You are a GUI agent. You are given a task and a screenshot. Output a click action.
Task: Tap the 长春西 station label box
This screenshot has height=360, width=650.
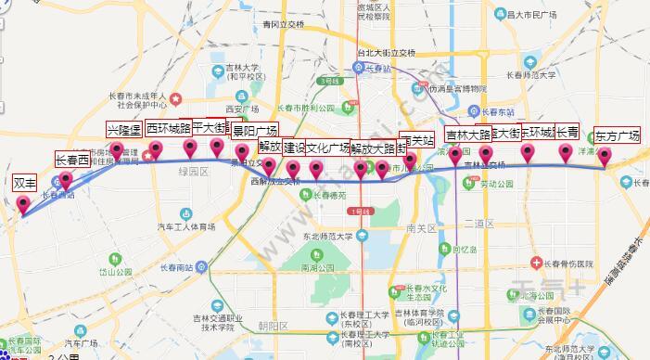pos(71,160)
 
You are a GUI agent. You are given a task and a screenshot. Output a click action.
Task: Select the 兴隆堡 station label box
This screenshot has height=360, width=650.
pos(123,130)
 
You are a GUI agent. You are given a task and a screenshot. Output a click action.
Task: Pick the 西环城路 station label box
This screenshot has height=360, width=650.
pos(168,129)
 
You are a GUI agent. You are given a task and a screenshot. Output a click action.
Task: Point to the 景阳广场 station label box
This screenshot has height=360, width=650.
pos(255,131)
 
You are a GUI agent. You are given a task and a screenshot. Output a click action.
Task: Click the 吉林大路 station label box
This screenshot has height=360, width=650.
pos(468,135)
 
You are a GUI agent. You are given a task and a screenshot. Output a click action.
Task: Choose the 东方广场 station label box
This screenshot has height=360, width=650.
pos(617,135)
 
